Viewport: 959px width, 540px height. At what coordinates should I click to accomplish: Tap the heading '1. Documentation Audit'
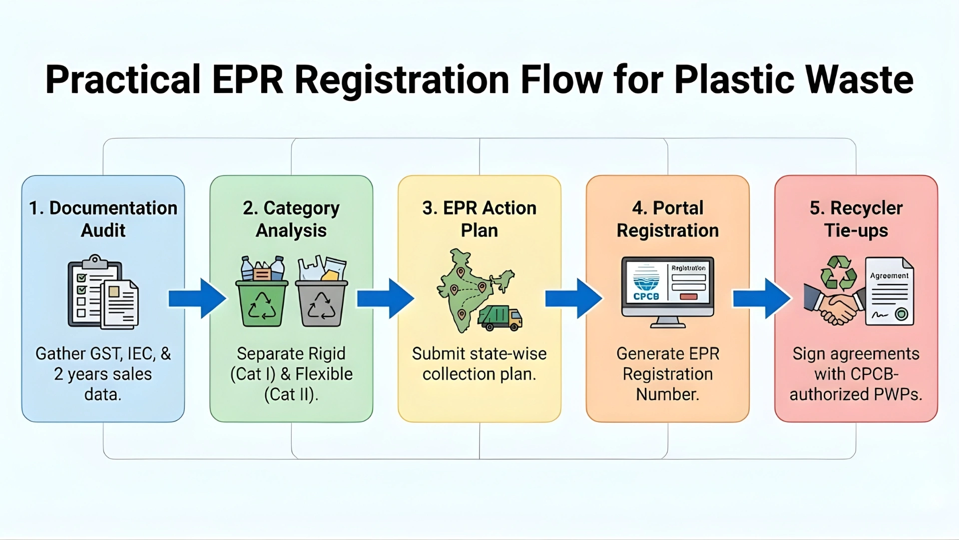pyautogui.click(x=103, y=219)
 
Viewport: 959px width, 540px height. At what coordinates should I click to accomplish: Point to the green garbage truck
pyautogui.click(x=499, y=318)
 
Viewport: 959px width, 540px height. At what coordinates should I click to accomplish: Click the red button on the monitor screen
pyautogui.click(x=688, y=297)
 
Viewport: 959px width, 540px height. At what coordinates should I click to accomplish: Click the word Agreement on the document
pyautogui.click(x=889, y=275)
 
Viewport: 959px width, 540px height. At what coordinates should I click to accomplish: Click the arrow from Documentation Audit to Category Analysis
pyautogui.click(x=197, y=298)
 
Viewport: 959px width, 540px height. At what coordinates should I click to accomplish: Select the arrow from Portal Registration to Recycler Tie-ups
pyautogui.click(x=761, y=298)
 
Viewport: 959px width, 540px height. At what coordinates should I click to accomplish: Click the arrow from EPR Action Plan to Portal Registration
pyautogui.click(x=573, y=298)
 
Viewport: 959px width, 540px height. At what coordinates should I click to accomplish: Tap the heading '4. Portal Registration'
pyautogui.click(x=667, y=219)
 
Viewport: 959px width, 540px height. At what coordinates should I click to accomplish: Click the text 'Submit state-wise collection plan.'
pyautogui.click(x=479, y=363)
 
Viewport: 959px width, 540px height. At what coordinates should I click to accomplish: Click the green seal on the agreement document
pyautogui.click(x=902, y=314)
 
